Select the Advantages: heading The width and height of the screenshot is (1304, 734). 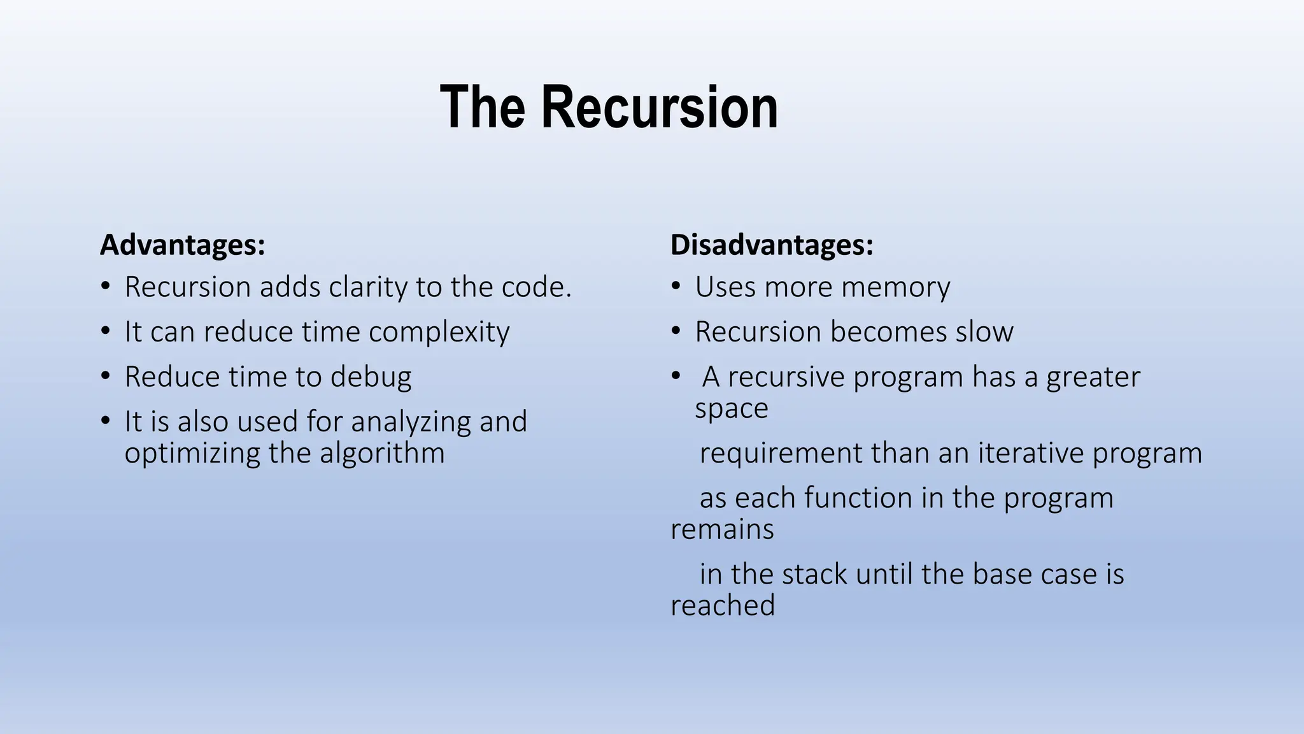(x=182, y=245)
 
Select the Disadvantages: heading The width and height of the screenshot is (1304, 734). (x=772, y=245)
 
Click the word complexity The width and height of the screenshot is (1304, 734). (x=439, y=333)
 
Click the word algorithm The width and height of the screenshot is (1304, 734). (x=382, y=453)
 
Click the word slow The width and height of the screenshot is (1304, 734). (x=984, y=332)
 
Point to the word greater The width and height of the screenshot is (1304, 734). (x=1093, y=377)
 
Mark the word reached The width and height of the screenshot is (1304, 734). (x=723, y=605)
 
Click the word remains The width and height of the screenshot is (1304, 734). (x=722, y=529)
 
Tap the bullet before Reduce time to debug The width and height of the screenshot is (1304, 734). (x=106, y=376)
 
